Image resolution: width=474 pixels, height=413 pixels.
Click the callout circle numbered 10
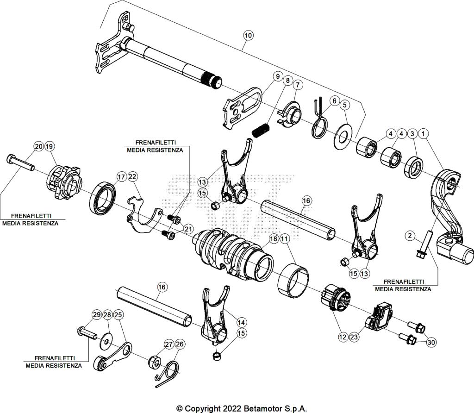tap(248, 35)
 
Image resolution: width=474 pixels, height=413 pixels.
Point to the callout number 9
tap(277, 76)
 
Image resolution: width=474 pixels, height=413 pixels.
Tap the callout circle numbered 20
tap(38, 147)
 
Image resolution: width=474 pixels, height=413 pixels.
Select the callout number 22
tap(132, 176)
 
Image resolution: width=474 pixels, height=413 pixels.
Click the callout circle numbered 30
tap(431, 343)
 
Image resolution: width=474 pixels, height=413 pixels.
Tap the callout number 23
tap(354, 338)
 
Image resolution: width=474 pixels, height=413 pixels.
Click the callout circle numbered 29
tap(96, 315)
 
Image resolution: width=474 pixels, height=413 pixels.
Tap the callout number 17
tap(121, 176)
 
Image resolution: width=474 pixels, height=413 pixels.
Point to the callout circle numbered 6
tap(333, 100)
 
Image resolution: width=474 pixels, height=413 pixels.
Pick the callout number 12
tap(343, 338)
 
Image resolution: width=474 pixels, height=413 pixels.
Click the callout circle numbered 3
tap(411, 134)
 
